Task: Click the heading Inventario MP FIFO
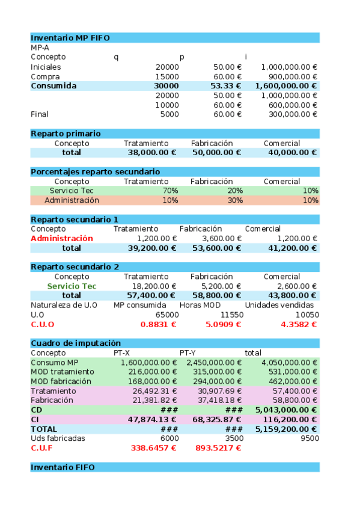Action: click(70, 37)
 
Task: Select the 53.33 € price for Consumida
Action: click(227, 86)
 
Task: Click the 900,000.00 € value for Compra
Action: click(289, 76)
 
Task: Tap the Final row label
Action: click(40, 114)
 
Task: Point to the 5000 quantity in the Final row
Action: click(169, 114)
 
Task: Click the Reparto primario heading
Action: click(66, 134)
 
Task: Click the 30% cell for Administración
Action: click(235, 200)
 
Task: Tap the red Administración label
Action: click(62, 239)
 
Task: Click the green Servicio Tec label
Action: click(72, 286)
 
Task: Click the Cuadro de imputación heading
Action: click(76, 343)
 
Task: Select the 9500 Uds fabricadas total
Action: click(310, 438)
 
